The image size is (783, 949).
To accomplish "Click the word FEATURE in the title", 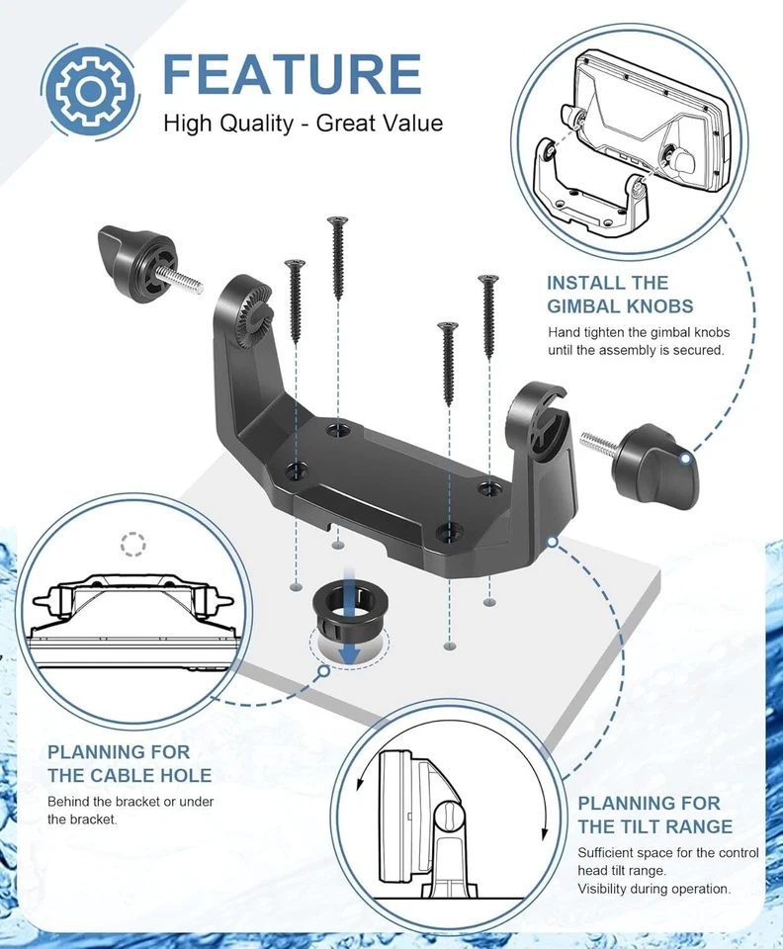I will click(292, 75).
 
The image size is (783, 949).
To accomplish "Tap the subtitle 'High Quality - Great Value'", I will click(303, 124).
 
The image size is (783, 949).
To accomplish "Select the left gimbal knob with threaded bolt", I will click(139, 260).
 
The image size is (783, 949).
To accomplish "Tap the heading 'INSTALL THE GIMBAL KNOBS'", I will click(621, 294).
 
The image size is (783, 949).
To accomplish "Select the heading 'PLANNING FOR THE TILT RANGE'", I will click(654, 814).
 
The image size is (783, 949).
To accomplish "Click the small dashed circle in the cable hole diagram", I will click(131, 543).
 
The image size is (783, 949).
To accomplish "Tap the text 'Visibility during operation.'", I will click(654, 888).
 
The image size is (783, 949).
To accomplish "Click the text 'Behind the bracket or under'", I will click(130, 801).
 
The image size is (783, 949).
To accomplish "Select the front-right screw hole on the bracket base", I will click(450, 533).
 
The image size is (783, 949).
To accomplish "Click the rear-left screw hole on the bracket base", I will click(338, 430).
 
